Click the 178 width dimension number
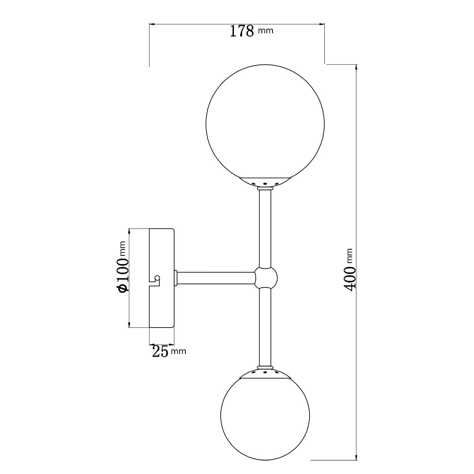[242, 31]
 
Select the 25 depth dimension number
[160, 351]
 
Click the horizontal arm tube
[216, 278]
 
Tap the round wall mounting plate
[162, 278]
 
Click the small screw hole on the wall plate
[157, 278]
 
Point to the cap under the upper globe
[265, 182]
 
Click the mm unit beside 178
[266, 31]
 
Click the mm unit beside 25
[179, 351]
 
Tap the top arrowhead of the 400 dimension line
[356, 67]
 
